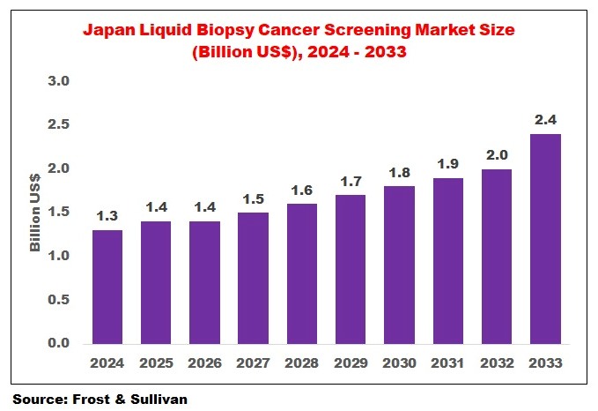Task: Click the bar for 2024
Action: tap(107, 287)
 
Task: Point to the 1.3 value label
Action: tap(107, 215)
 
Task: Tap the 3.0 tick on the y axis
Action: tap(57, 81)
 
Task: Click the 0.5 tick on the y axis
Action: tap(57, 300)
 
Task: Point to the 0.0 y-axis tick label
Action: tap(57, 343)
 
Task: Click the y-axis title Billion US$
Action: tap(35, 213)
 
